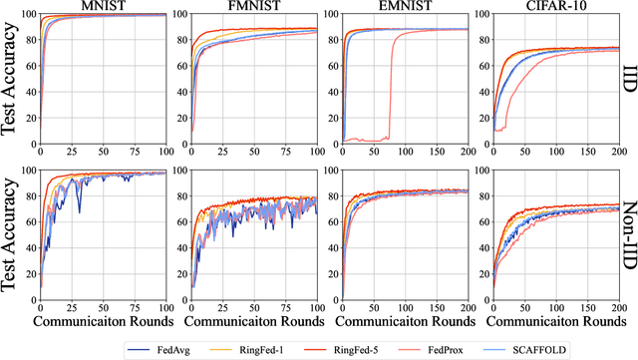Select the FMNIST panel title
[x=244, y=6]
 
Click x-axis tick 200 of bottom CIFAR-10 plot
[x=616, y=309]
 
